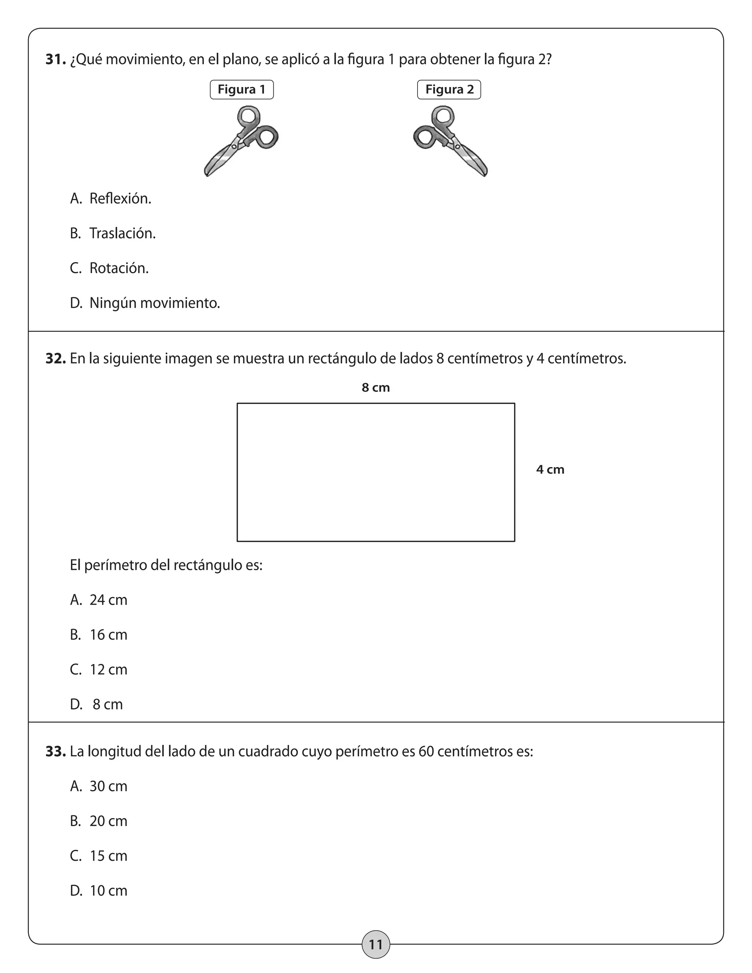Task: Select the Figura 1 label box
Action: tap(242, 90)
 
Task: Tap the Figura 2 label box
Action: tap(449, 90)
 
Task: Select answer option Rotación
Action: tap(119, 268)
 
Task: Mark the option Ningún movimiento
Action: tap(154, 303)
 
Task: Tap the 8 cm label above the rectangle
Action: tap(376, 388)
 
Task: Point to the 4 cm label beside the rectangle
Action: tap(550, 470)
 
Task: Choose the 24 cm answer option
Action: tap(108, 600)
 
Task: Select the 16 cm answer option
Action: tap(108, 635)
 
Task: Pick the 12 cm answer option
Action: tap(108, 670)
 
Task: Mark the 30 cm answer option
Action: tap(108, 786)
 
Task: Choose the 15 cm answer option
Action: tap(108, 856)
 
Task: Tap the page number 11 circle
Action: tap(376, 944)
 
